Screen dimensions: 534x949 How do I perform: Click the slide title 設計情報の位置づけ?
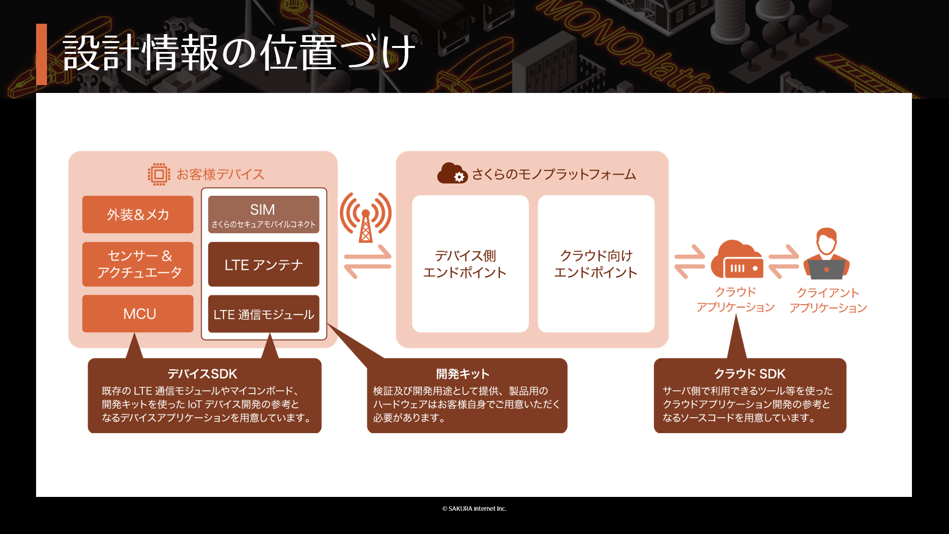pyautogui.click(x=239, y=53)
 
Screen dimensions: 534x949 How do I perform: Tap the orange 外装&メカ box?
pyautogui.click(x=138, y=215)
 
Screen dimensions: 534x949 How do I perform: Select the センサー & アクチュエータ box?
pyautogui.click(x=138, y=264)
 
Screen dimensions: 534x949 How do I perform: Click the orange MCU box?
pyautogui.click(x=138, y=313)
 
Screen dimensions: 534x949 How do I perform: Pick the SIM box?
pyautogui.click(x=263, y=215)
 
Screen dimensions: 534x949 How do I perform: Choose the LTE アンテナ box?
pyautogui.click(x=263, y=264)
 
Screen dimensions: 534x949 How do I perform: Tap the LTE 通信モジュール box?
pyautogui.click(x=263, y=314)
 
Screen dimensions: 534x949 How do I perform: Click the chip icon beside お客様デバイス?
pyautogui.click(x=159, y=174)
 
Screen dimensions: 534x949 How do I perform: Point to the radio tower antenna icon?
pyautogui.click(x=366, y=218)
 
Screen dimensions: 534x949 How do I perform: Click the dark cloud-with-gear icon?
pyautogui.click(x=452, y=174)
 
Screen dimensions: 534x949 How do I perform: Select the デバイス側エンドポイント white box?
pyautogui.click(x=470, y=264)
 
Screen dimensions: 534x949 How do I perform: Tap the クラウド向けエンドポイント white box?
pyautogui.click(x=596, y=264)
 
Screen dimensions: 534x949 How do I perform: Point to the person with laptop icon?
pyautogui.click(x=826, y=254)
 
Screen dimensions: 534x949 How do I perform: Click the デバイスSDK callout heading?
pyautogui.click(x=202, y=374)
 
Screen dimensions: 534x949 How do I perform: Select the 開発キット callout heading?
pyautogui.click(x=463, y=374)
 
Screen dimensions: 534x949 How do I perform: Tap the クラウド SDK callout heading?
pyautogui.click(x=750, y=374)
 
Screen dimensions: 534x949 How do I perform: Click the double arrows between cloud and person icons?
pyautogui.click(x=783, y=262)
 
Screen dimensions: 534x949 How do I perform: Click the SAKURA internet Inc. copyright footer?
pyautogui.click(x=474, y=508)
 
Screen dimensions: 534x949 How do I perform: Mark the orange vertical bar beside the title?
pyautogui.click(x=42, y=54)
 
